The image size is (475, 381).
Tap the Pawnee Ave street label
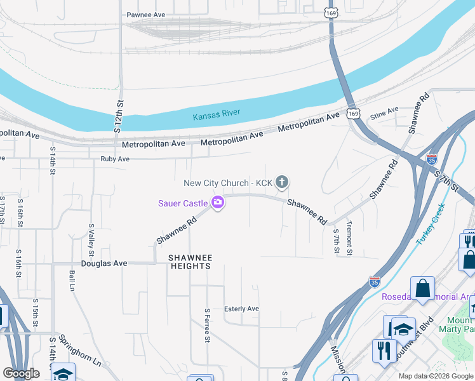tap(145, 15)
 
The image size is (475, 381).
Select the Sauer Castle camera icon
tap(218, 203)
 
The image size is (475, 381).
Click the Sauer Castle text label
tap(183, 203)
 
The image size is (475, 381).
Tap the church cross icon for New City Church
tap(282, 183)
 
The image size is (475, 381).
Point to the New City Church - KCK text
tap(228, 183)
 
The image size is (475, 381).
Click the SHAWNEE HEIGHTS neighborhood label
tap(190, 262)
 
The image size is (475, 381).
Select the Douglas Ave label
tap(104, 263)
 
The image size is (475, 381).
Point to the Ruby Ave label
tap(115, 159)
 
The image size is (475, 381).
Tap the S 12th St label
tap(117, 117)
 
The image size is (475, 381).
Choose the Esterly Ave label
tap(241, 309)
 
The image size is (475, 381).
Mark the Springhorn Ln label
tap(79, 353)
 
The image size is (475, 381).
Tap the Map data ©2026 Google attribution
tap(435, 376)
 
